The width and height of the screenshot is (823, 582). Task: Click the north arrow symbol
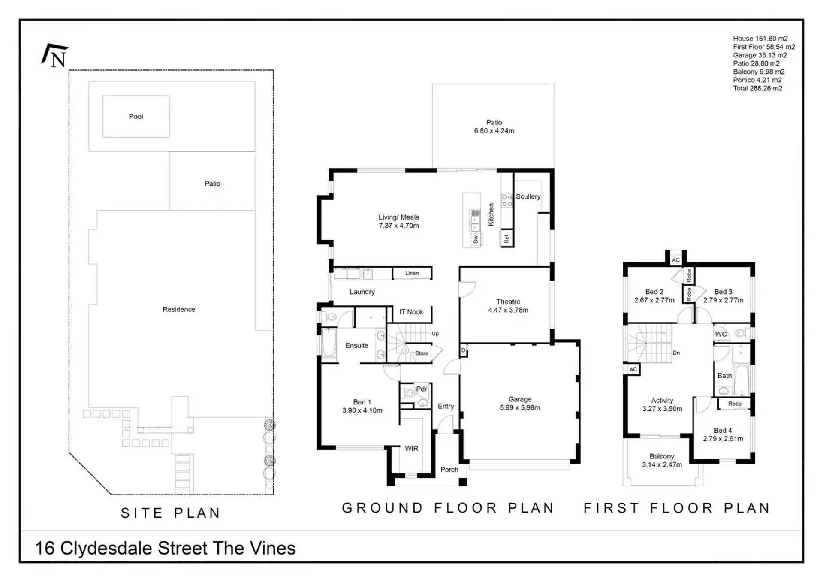coord(55,56)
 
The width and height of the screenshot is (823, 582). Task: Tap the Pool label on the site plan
coord(136,117)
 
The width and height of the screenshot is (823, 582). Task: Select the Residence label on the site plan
coord(179,309)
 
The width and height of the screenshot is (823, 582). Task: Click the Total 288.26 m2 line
coord(757,88)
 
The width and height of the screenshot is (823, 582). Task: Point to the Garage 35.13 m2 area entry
coord(760,55)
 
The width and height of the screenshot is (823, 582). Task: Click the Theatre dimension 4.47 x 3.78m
coord(508,310)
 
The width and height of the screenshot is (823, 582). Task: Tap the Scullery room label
coord(528,196)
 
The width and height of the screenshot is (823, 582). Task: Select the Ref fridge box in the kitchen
coord(507,238)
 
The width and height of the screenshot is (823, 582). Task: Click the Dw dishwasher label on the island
coord(476,239)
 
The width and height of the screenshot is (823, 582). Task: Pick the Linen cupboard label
coord(412,273)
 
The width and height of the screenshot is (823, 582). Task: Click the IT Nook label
coord(411,312)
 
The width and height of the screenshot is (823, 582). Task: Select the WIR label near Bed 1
coord(411,448)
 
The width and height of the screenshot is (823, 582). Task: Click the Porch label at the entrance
coord(449,470)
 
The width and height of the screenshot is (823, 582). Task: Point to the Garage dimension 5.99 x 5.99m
coord(520,407)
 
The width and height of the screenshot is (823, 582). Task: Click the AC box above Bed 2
coord(676,260)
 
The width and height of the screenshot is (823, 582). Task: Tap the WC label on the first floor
coord(721,334)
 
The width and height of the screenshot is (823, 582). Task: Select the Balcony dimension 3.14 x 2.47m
coord(662,464)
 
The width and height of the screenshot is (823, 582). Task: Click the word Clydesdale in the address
coord(106,549)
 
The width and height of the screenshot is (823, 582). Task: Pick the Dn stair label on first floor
coord(676,353)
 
